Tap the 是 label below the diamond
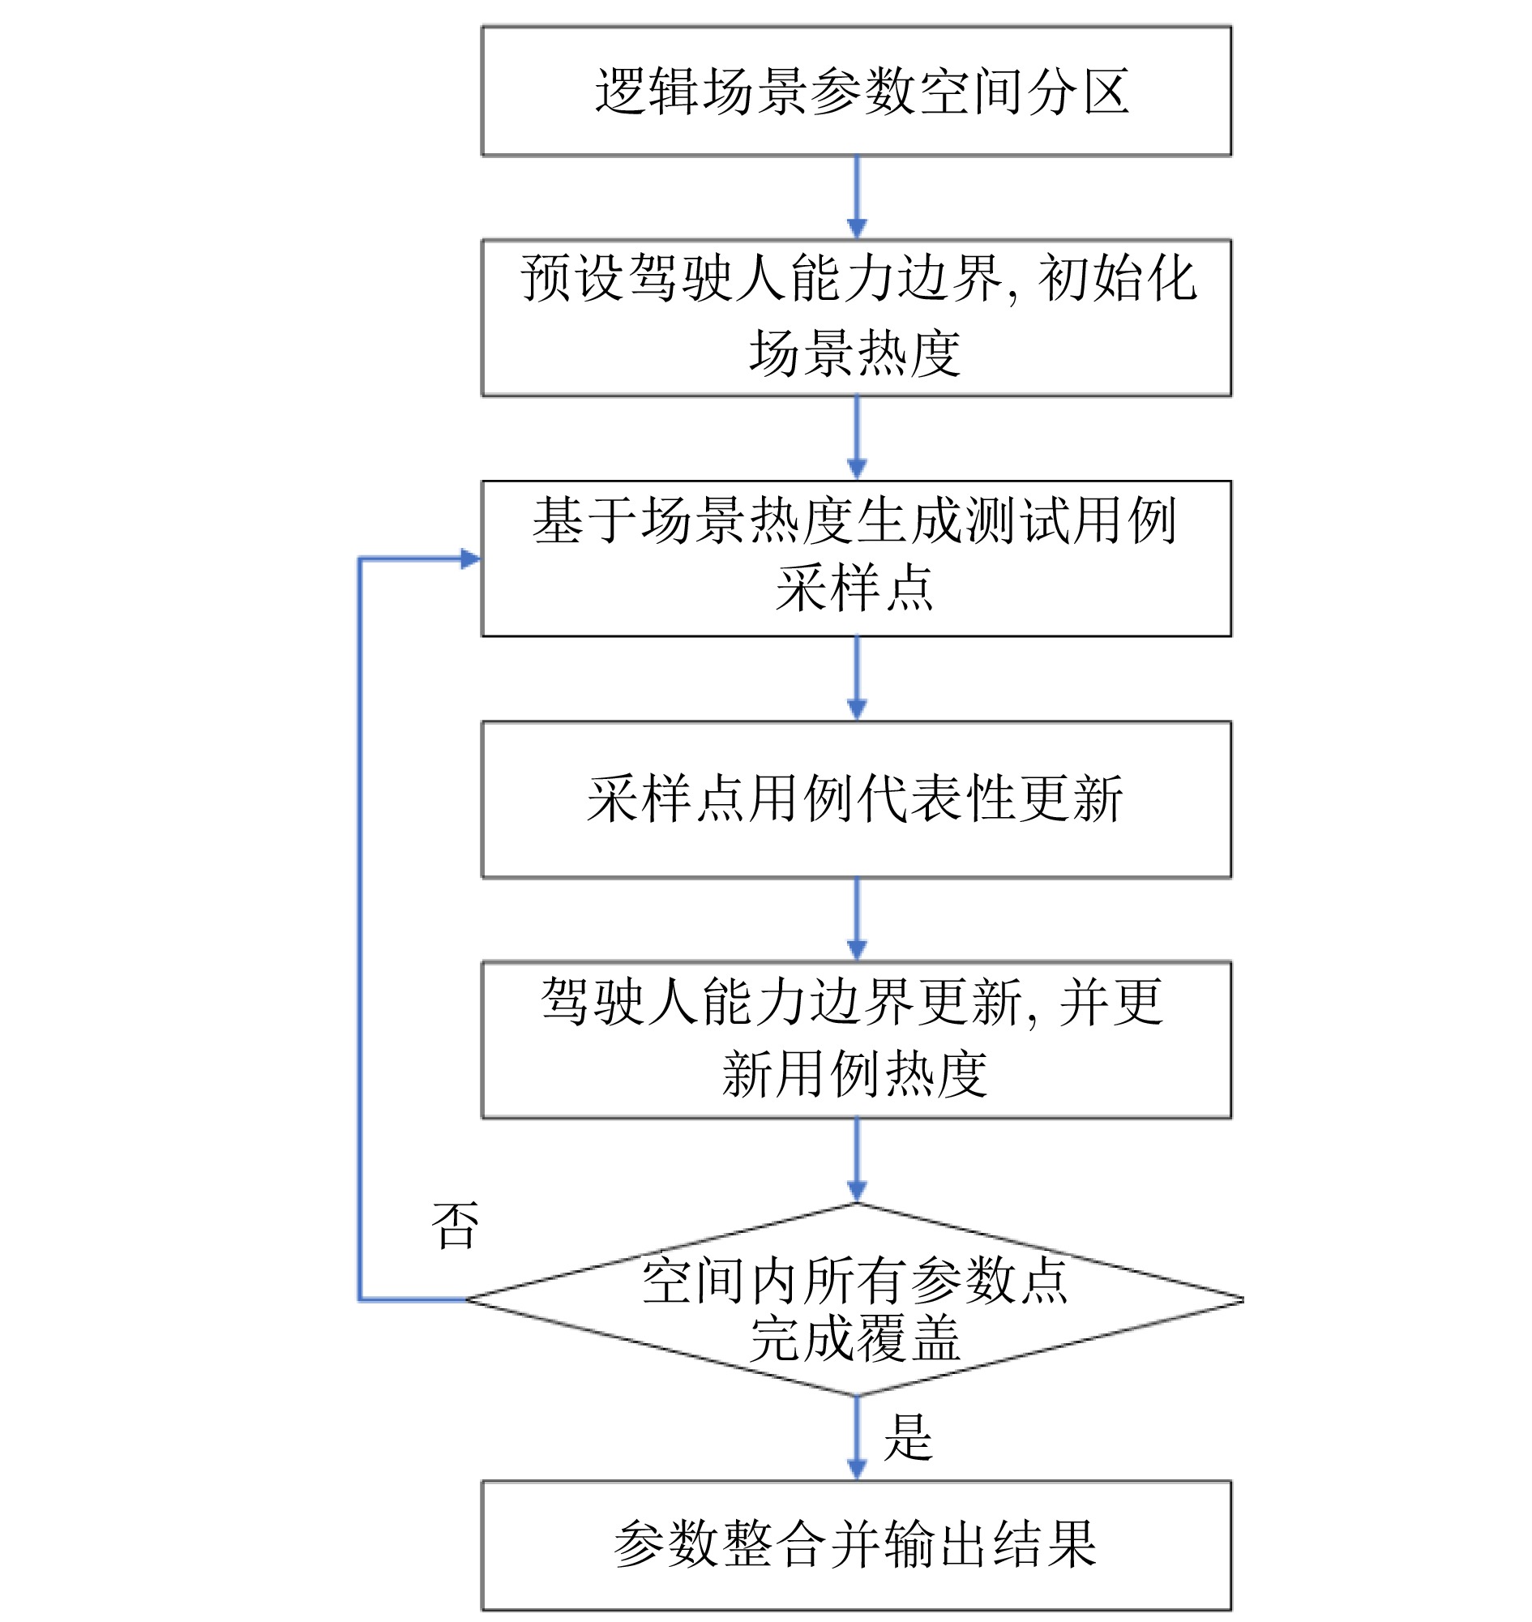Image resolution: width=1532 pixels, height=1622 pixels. point(907,1438)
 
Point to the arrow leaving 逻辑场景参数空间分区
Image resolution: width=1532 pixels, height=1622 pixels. point(857,196)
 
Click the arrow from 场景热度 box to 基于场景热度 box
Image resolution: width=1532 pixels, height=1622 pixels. point(857,437)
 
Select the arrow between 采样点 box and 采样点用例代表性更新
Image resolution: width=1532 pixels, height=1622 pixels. point(857,677)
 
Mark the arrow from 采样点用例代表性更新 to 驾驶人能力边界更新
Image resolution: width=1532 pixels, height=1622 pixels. point(857,918)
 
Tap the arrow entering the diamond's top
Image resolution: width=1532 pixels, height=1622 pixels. point(857,1159)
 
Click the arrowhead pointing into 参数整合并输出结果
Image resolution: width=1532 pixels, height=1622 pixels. point(857,1470)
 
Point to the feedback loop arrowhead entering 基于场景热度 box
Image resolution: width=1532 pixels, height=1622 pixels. point(470,558)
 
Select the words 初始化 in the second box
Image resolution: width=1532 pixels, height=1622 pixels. point(1116,279)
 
